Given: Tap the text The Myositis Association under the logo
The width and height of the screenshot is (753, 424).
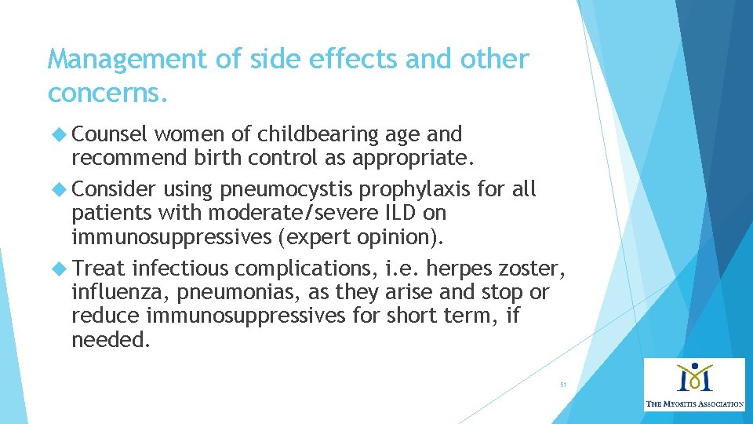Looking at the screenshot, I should [x=694, y=404].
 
